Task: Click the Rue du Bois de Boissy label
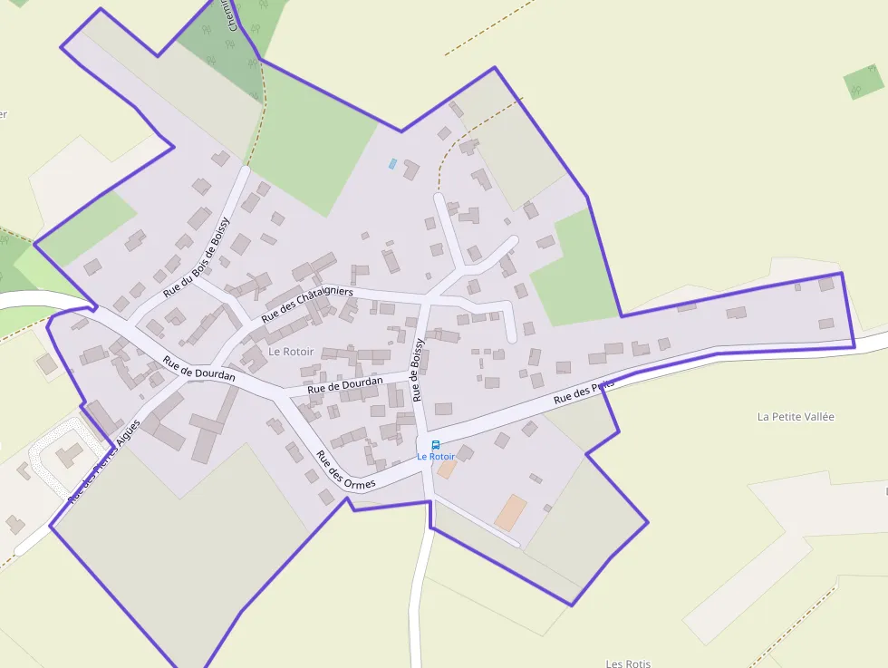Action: click(x=197, y=257)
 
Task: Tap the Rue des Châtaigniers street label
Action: click(x=307, y=305)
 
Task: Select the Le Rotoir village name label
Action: click(x=291, y=351)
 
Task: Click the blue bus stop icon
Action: click(x=436, y=445)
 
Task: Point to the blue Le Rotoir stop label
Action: click(x=436, y=457)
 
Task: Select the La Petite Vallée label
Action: click(x=796, y=417)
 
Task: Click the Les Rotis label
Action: click(x=628, y=663)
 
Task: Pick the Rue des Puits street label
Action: click(x=584, y=392)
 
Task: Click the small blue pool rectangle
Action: click(x=392, y=164)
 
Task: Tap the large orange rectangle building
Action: click(x=511, y=512)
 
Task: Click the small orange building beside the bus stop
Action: click(x=447, y=469)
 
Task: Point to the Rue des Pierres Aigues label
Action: click(x=104, y=461)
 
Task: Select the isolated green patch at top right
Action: click(x=864, y=82)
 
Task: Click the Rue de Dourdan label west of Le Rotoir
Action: click(x=199, y=368)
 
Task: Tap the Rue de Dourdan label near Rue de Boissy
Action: click(x=344, y=384)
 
